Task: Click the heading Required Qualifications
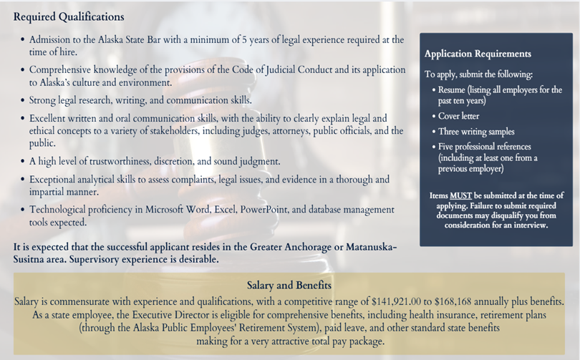coord(69,16)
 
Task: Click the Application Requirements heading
coord(478,54)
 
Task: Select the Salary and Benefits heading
coord(289,285)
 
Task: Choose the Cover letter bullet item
coord(459,116)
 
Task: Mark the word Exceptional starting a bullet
coord(55,180)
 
